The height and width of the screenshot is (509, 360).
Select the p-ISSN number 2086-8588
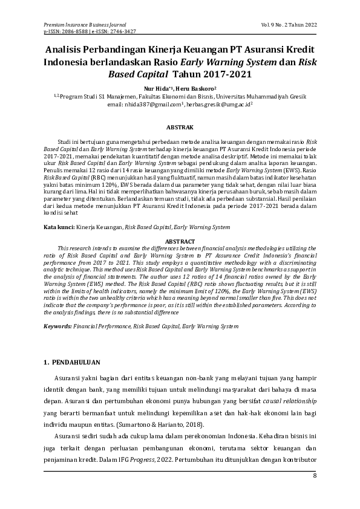73,30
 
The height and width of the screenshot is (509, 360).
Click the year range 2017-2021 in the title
218,75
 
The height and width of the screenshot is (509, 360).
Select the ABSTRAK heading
180,128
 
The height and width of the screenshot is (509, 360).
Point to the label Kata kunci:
59,227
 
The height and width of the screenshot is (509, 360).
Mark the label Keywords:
57,326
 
